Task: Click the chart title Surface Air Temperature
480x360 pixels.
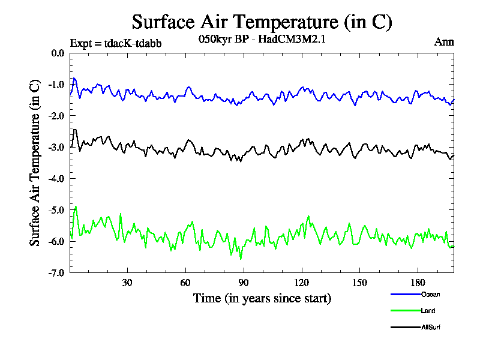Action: [262, 22]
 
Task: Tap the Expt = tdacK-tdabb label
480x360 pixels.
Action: [116, 43]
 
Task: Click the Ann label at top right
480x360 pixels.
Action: [444, 43]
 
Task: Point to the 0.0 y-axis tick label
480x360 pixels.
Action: [58, 53]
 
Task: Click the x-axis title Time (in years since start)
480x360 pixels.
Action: [262, 298]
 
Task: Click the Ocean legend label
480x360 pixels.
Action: [430, 294]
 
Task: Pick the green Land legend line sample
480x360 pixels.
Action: [405, 311]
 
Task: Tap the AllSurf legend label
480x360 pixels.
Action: [431, 327]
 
